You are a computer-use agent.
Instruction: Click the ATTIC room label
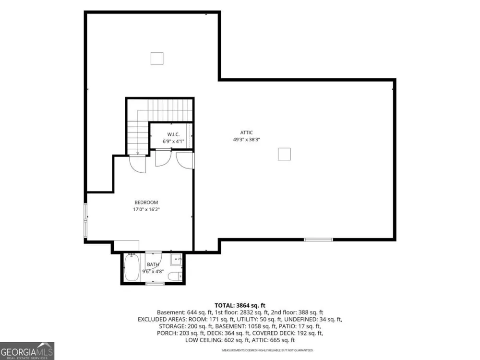[246, 132]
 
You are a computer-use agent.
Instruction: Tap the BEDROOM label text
[146, 203]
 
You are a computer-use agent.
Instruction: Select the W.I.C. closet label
[173, 134]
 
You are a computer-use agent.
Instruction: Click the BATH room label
[153, 264]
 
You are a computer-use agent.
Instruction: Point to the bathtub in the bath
[132, 267]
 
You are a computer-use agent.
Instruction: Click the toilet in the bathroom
[175, 276]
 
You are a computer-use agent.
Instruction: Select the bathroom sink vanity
[176, 259]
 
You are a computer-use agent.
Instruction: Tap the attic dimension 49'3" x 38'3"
[246, 140]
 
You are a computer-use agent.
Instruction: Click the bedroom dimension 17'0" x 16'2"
[146, 210]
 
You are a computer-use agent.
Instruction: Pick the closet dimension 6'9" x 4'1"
[173, 142]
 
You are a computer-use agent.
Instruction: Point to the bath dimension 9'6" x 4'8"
[153, 272]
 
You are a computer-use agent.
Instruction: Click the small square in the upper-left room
[157, 59]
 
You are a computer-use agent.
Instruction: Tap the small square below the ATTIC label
[284, 154]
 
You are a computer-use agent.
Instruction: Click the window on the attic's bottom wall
[318, 240]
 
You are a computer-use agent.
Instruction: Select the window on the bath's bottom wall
[155, 284]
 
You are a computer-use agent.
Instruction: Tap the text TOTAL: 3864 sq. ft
[240, 305]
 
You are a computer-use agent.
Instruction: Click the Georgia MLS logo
[27, 351]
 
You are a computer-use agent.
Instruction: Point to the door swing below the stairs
[138, 165]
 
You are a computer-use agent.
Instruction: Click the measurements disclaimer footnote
[267, 350]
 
